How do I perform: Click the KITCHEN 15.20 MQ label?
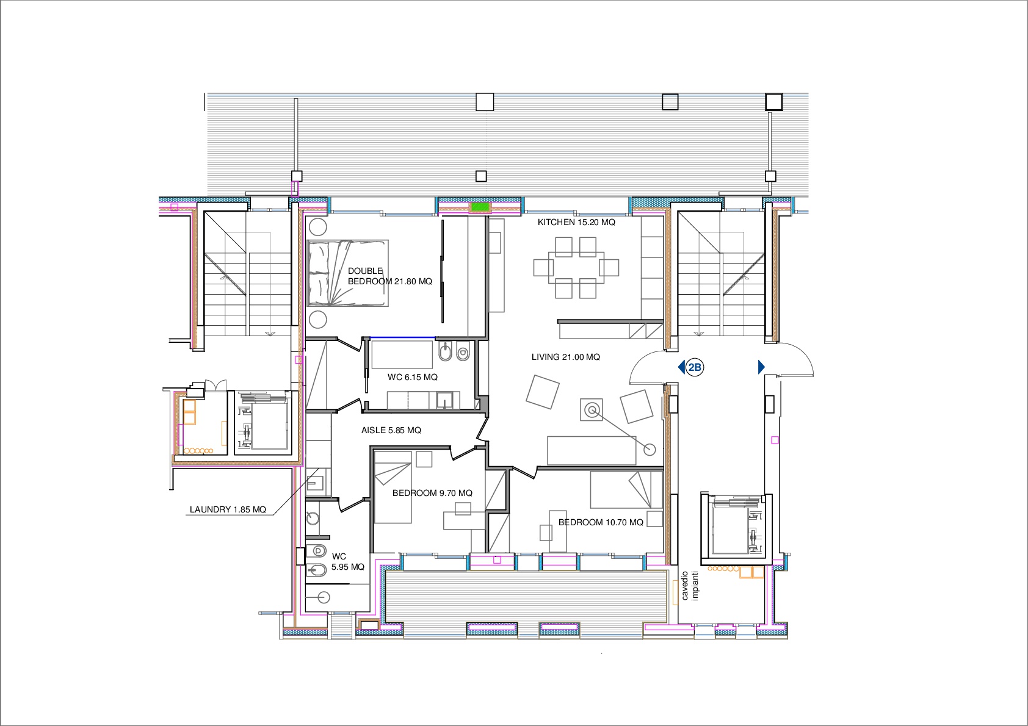coord(576,223)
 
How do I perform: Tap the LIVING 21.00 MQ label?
coord(565,357)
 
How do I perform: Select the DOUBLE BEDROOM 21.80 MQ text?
coord(389,276)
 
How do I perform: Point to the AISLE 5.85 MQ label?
coord(391,430)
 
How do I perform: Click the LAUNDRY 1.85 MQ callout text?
coord(228,509)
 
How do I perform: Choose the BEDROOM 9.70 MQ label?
coord(432,493)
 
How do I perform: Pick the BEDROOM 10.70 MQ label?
coord(601,522)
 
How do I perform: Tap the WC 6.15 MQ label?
coord(413,377)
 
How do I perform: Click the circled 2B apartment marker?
coord(695,367)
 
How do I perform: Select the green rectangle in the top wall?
coord(480,207)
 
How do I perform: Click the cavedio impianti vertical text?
coord(690,586)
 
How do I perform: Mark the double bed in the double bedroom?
coord(348,273)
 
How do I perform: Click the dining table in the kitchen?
coord(576,268)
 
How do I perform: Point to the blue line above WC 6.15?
coord(402,338)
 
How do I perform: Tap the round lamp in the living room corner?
coord(650,450)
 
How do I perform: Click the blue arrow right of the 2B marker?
coord(761,367)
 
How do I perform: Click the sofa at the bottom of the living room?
coord(592,450)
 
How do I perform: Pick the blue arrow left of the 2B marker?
coord(681,367)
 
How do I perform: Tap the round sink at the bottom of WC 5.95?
coord(324,598)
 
